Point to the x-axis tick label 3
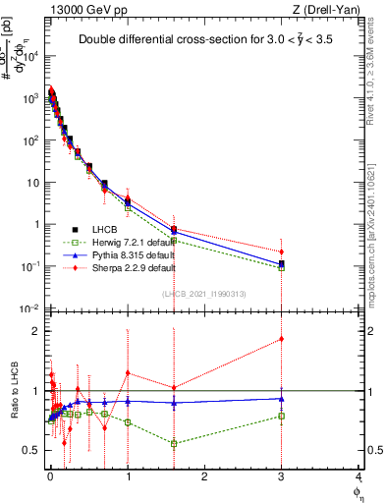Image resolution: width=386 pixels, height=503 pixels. (282, 475)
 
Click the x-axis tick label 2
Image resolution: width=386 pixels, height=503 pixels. (204, 475)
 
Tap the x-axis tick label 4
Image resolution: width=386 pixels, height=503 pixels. (358, 475)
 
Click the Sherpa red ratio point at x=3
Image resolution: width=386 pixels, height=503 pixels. (282, 339)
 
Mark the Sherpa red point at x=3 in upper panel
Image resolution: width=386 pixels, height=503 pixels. (282, 251)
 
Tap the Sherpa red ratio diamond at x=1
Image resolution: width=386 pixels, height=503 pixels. (128, 372)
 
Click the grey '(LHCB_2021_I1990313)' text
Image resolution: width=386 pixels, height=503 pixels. (203, 295)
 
